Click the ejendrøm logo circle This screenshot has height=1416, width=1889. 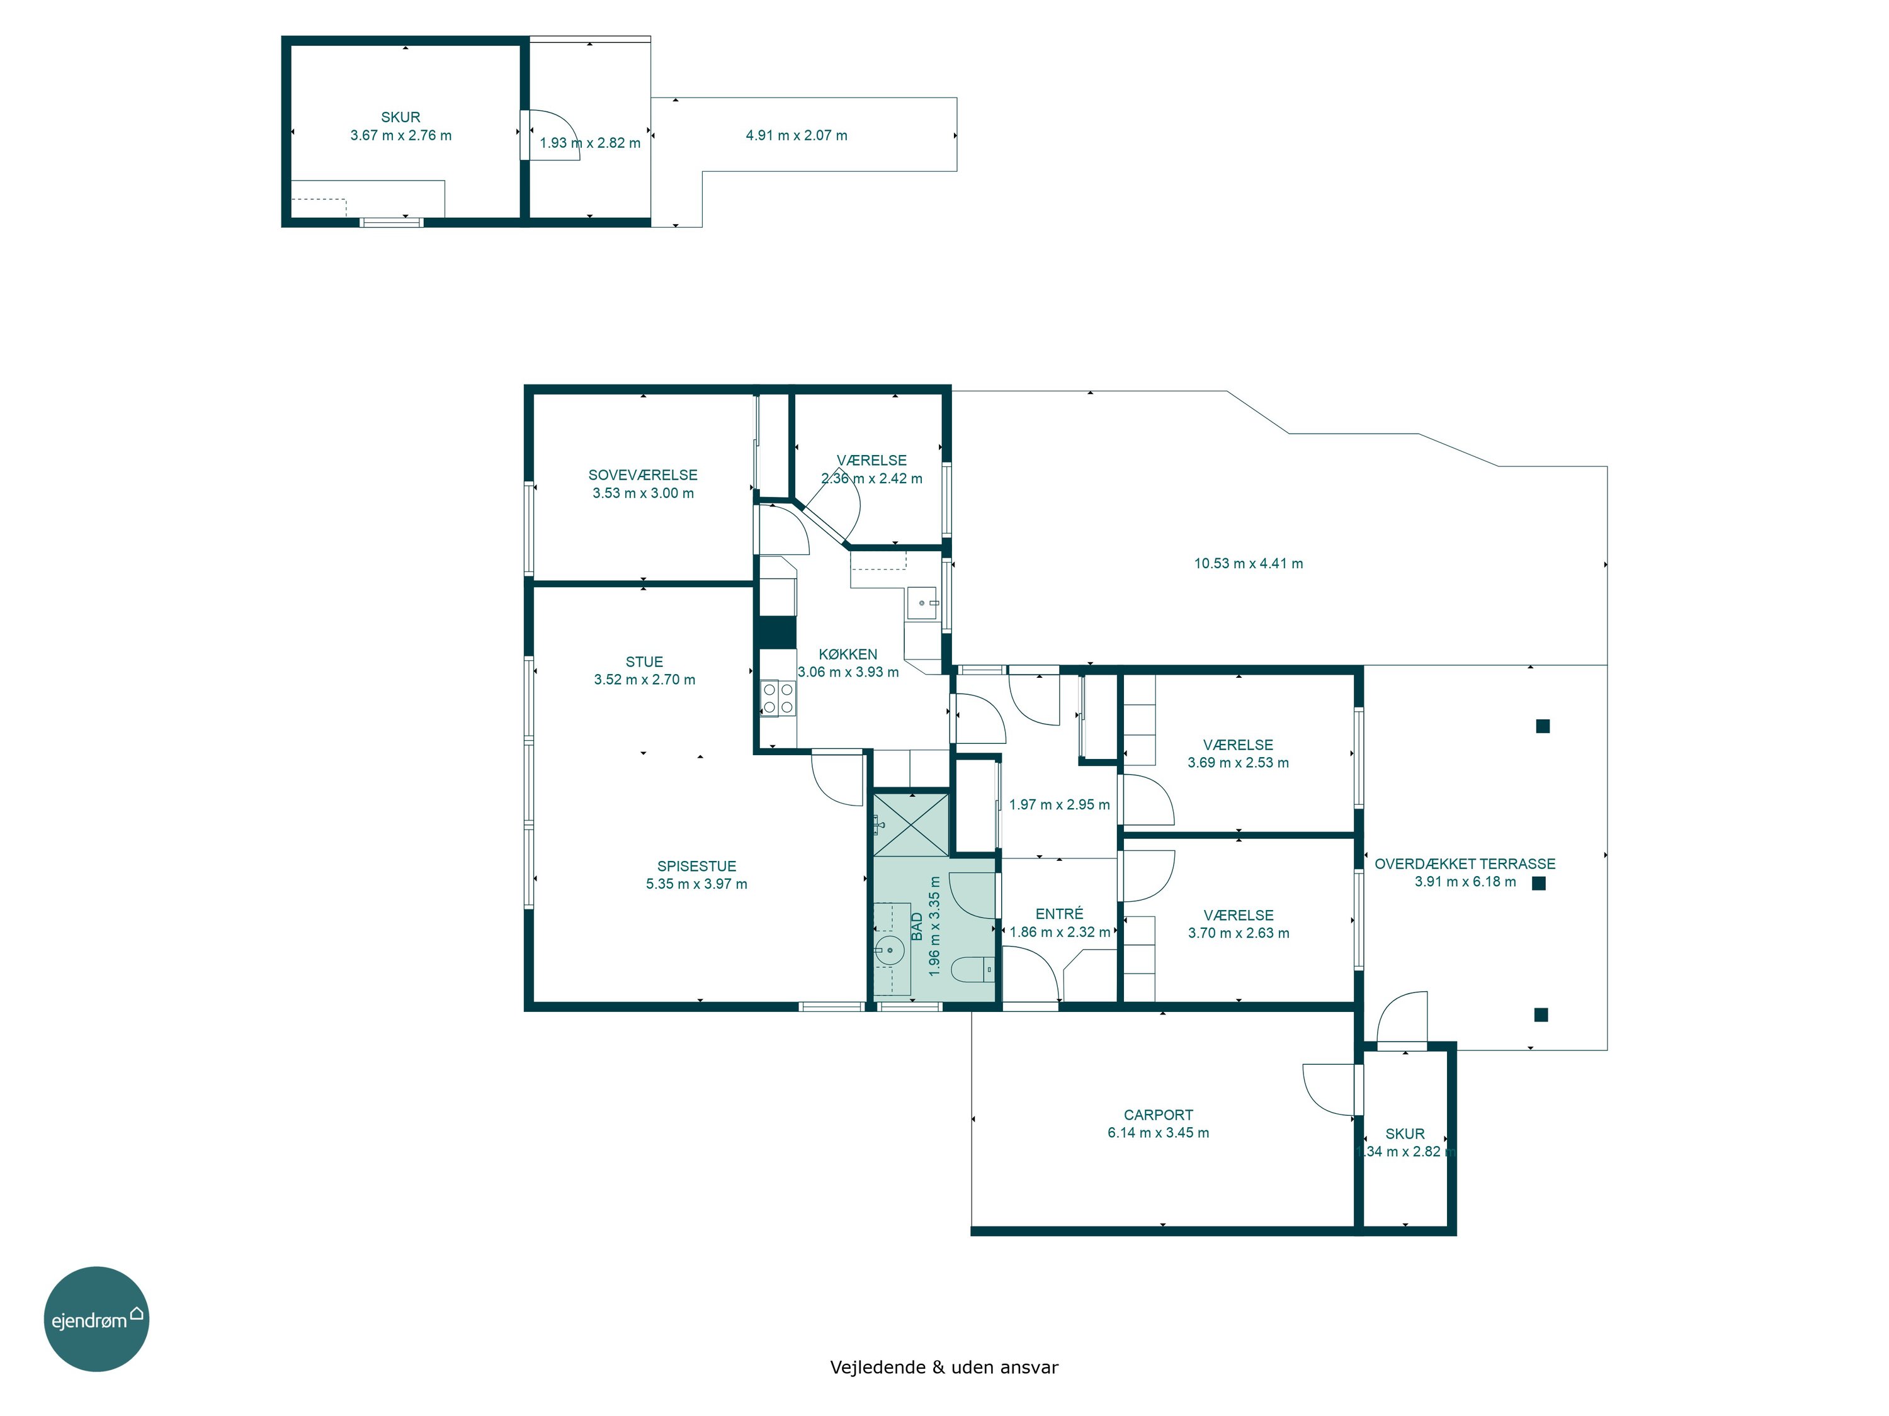point(96,1318)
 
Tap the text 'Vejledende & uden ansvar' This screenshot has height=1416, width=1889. point(944,1368)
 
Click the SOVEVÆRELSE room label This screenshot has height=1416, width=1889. point(643,475)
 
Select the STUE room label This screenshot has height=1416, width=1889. point(644,661)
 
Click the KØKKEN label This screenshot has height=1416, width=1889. point(848,654)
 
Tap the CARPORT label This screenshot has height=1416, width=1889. point(1158,1115)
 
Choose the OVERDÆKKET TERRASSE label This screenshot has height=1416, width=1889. point(1465,864)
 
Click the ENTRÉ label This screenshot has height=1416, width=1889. point(1059,913)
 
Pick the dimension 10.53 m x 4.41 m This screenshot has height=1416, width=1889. point(1249,563)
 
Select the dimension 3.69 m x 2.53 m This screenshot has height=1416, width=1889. point(1239,763)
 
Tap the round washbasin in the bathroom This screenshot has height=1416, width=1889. point(890,948)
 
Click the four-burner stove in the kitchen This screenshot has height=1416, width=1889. point(777,697)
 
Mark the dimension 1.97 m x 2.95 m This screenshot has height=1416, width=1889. point(1059,805)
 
